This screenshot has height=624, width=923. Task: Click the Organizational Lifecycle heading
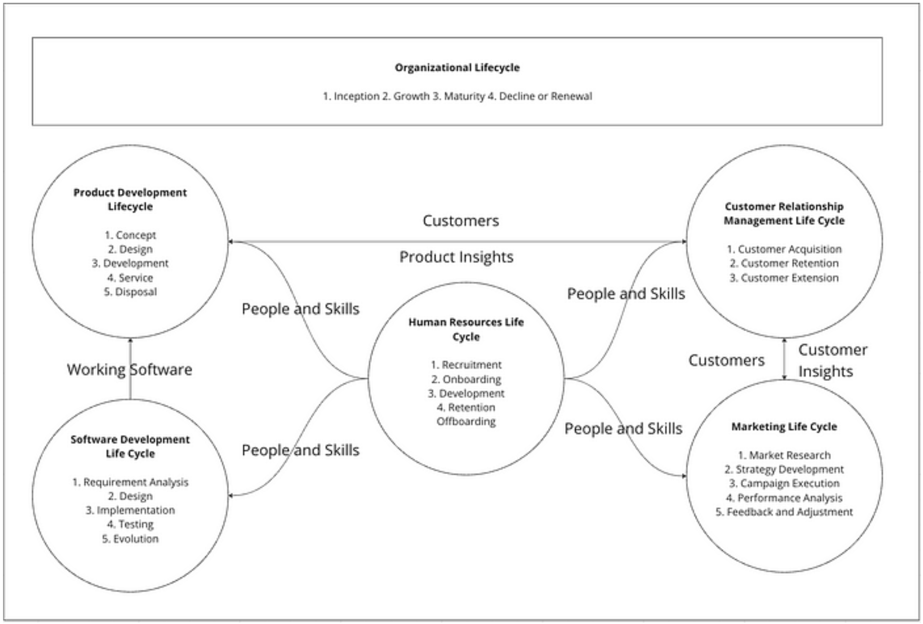[x=457, y=67]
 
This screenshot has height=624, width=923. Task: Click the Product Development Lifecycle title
[x=130, y=199]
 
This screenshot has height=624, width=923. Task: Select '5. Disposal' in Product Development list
[x=130, y=292]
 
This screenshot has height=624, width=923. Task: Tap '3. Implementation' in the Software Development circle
[x=130, y=510]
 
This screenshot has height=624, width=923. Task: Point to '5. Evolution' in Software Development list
[x=130, y=539]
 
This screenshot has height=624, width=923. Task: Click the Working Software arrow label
[x=129, y=370]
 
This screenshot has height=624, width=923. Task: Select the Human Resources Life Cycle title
[x=466, y=329]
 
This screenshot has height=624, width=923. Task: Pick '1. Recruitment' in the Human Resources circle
[x=466, y=365]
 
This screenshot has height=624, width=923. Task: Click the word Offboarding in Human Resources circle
[x=466, y=422]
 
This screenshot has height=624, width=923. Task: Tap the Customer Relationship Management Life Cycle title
[x=784, y=213]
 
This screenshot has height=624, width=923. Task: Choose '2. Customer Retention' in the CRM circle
[x=784, y=263]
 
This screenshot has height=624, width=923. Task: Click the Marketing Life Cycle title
[x=784, y=427]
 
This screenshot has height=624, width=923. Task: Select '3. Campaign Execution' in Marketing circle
[x=784, y=484]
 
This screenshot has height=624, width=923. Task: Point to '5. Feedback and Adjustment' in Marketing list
[x=784, y=512]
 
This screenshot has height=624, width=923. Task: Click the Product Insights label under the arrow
[x=456, y=257]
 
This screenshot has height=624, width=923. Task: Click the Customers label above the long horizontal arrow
[x=460, y=221]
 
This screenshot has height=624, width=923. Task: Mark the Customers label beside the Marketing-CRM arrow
[x=726, y=360]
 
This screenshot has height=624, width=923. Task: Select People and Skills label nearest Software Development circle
[x=300, y=450]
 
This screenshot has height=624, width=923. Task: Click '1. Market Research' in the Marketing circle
[x=784, y=455]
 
